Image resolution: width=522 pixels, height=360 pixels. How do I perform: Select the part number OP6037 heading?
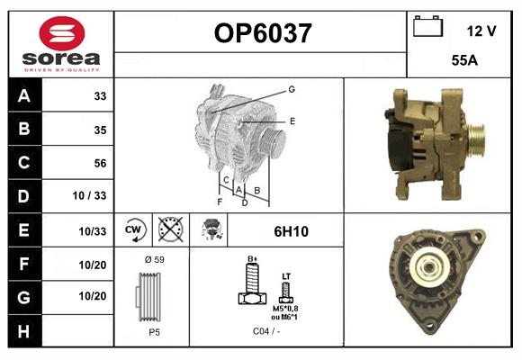coord(262,33)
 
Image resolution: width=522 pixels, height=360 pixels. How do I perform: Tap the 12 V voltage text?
coord(481,31)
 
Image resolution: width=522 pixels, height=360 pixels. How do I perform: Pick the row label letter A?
coord(23,95)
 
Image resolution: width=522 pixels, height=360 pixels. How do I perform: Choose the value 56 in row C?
coord(100,163)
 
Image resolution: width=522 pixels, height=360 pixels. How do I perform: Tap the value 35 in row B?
coord(100,129)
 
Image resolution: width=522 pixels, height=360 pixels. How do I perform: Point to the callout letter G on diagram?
coord(292,89)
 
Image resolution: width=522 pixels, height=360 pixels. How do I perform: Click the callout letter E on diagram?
coord(292,121)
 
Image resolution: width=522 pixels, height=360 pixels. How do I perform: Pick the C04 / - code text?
coord(265,331)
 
